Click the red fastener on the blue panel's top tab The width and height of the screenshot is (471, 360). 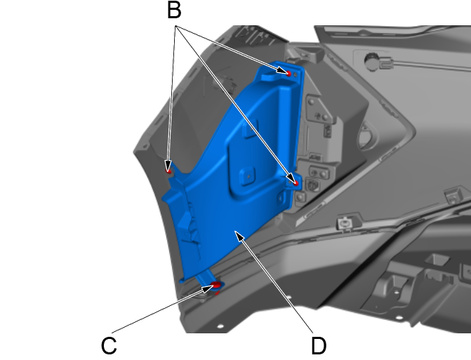click(x=288, y=73)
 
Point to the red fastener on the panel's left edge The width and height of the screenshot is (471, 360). click(x=168, y=169)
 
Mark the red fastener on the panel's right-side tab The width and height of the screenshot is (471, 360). click(x=296, y=183)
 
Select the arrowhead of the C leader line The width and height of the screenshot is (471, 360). click(x=208, y=288)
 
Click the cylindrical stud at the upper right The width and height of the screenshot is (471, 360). click(x=373, y=61)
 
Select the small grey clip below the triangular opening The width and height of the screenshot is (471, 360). click(x=345, y=223)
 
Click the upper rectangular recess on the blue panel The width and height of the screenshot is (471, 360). click(x=246, y=130)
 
